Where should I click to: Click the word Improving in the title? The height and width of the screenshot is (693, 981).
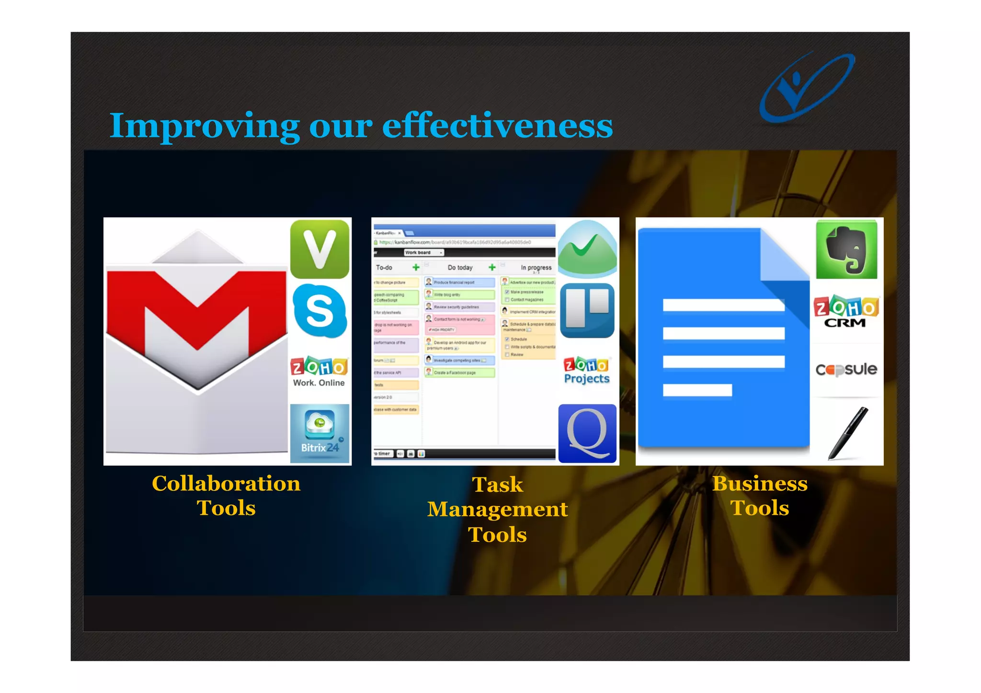[x=204, y=126]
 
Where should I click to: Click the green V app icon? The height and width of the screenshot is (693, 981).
[x=319, y=249]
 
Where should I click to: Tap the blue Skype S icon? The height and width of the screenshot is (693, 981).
[x=319, y=311]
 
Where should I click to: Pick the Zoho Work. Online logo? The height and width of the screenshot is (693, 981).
[x=319, y=372]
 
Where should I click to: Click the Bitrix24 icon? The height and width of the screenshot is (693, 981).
[x=319, y=433]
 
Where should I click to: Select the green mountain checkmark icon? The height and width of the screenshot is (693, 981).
[x=587, y=249]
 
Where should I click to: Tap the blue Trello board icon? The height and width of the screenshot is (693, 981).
[x=587, y=310]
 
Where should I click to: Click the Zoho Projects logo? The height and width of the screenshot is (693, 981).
[x=587, y=371]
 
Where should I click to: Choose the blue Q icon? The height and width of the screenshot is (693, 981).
[x=587, y=433]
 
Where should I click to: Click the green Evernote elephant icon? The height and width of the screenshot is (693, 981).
[x=846, y=250]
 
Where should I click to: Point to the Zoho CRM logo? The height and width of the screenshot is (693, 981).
[x=846, y=311]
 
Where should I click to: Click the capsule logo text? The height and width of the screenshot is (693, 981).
[x=846, y=369]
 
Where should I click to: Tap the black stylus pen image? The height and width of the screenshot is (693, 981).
[x=848, y=433]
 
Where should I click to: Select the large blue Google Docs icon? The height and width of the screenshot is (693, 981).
[x=723, y=340]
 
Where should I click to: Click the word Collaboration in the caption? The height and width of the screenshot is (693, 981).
[x=226, y=484]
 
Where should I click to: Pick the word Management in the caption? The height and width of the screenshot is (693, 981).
[x=497, y=509]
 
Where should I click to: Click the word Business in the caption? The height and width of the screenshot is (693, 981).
[x=760, y=484]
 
